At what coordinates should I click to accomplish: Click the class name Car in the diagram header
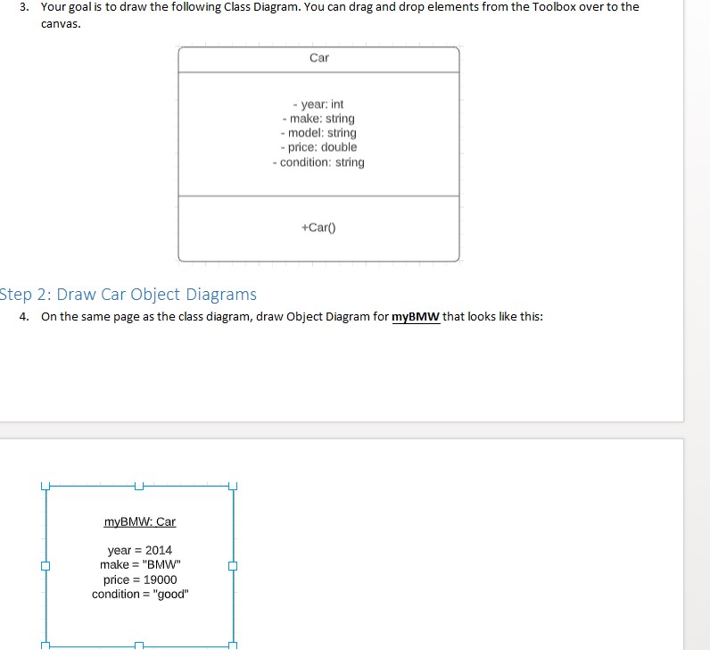318,58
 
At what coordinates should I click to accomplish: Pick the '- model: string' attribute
318,133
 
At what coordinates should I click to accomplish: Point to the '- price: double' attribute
318,147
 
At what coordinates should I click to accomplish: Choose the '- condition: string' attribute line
318,162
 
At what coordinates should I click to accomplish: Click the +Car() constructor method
318,228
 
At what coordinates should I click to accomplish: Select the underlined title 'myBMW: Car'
140,521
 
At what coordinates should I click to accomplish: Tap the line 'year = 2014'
140,550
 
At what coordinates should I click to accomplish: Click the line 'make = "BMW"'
140,564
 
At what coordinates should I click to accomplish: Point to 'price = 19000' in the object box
140,579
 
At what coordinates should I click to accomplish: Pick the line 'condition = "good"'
140,594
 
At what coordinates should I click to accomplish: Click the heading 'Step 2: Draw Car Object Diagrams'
128,295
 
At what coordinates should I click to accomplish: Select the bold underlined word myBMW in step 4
416,318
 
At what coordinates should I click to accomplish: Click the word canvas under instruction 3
60,23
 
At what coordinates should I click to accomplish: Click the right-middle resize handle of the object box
234,565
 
